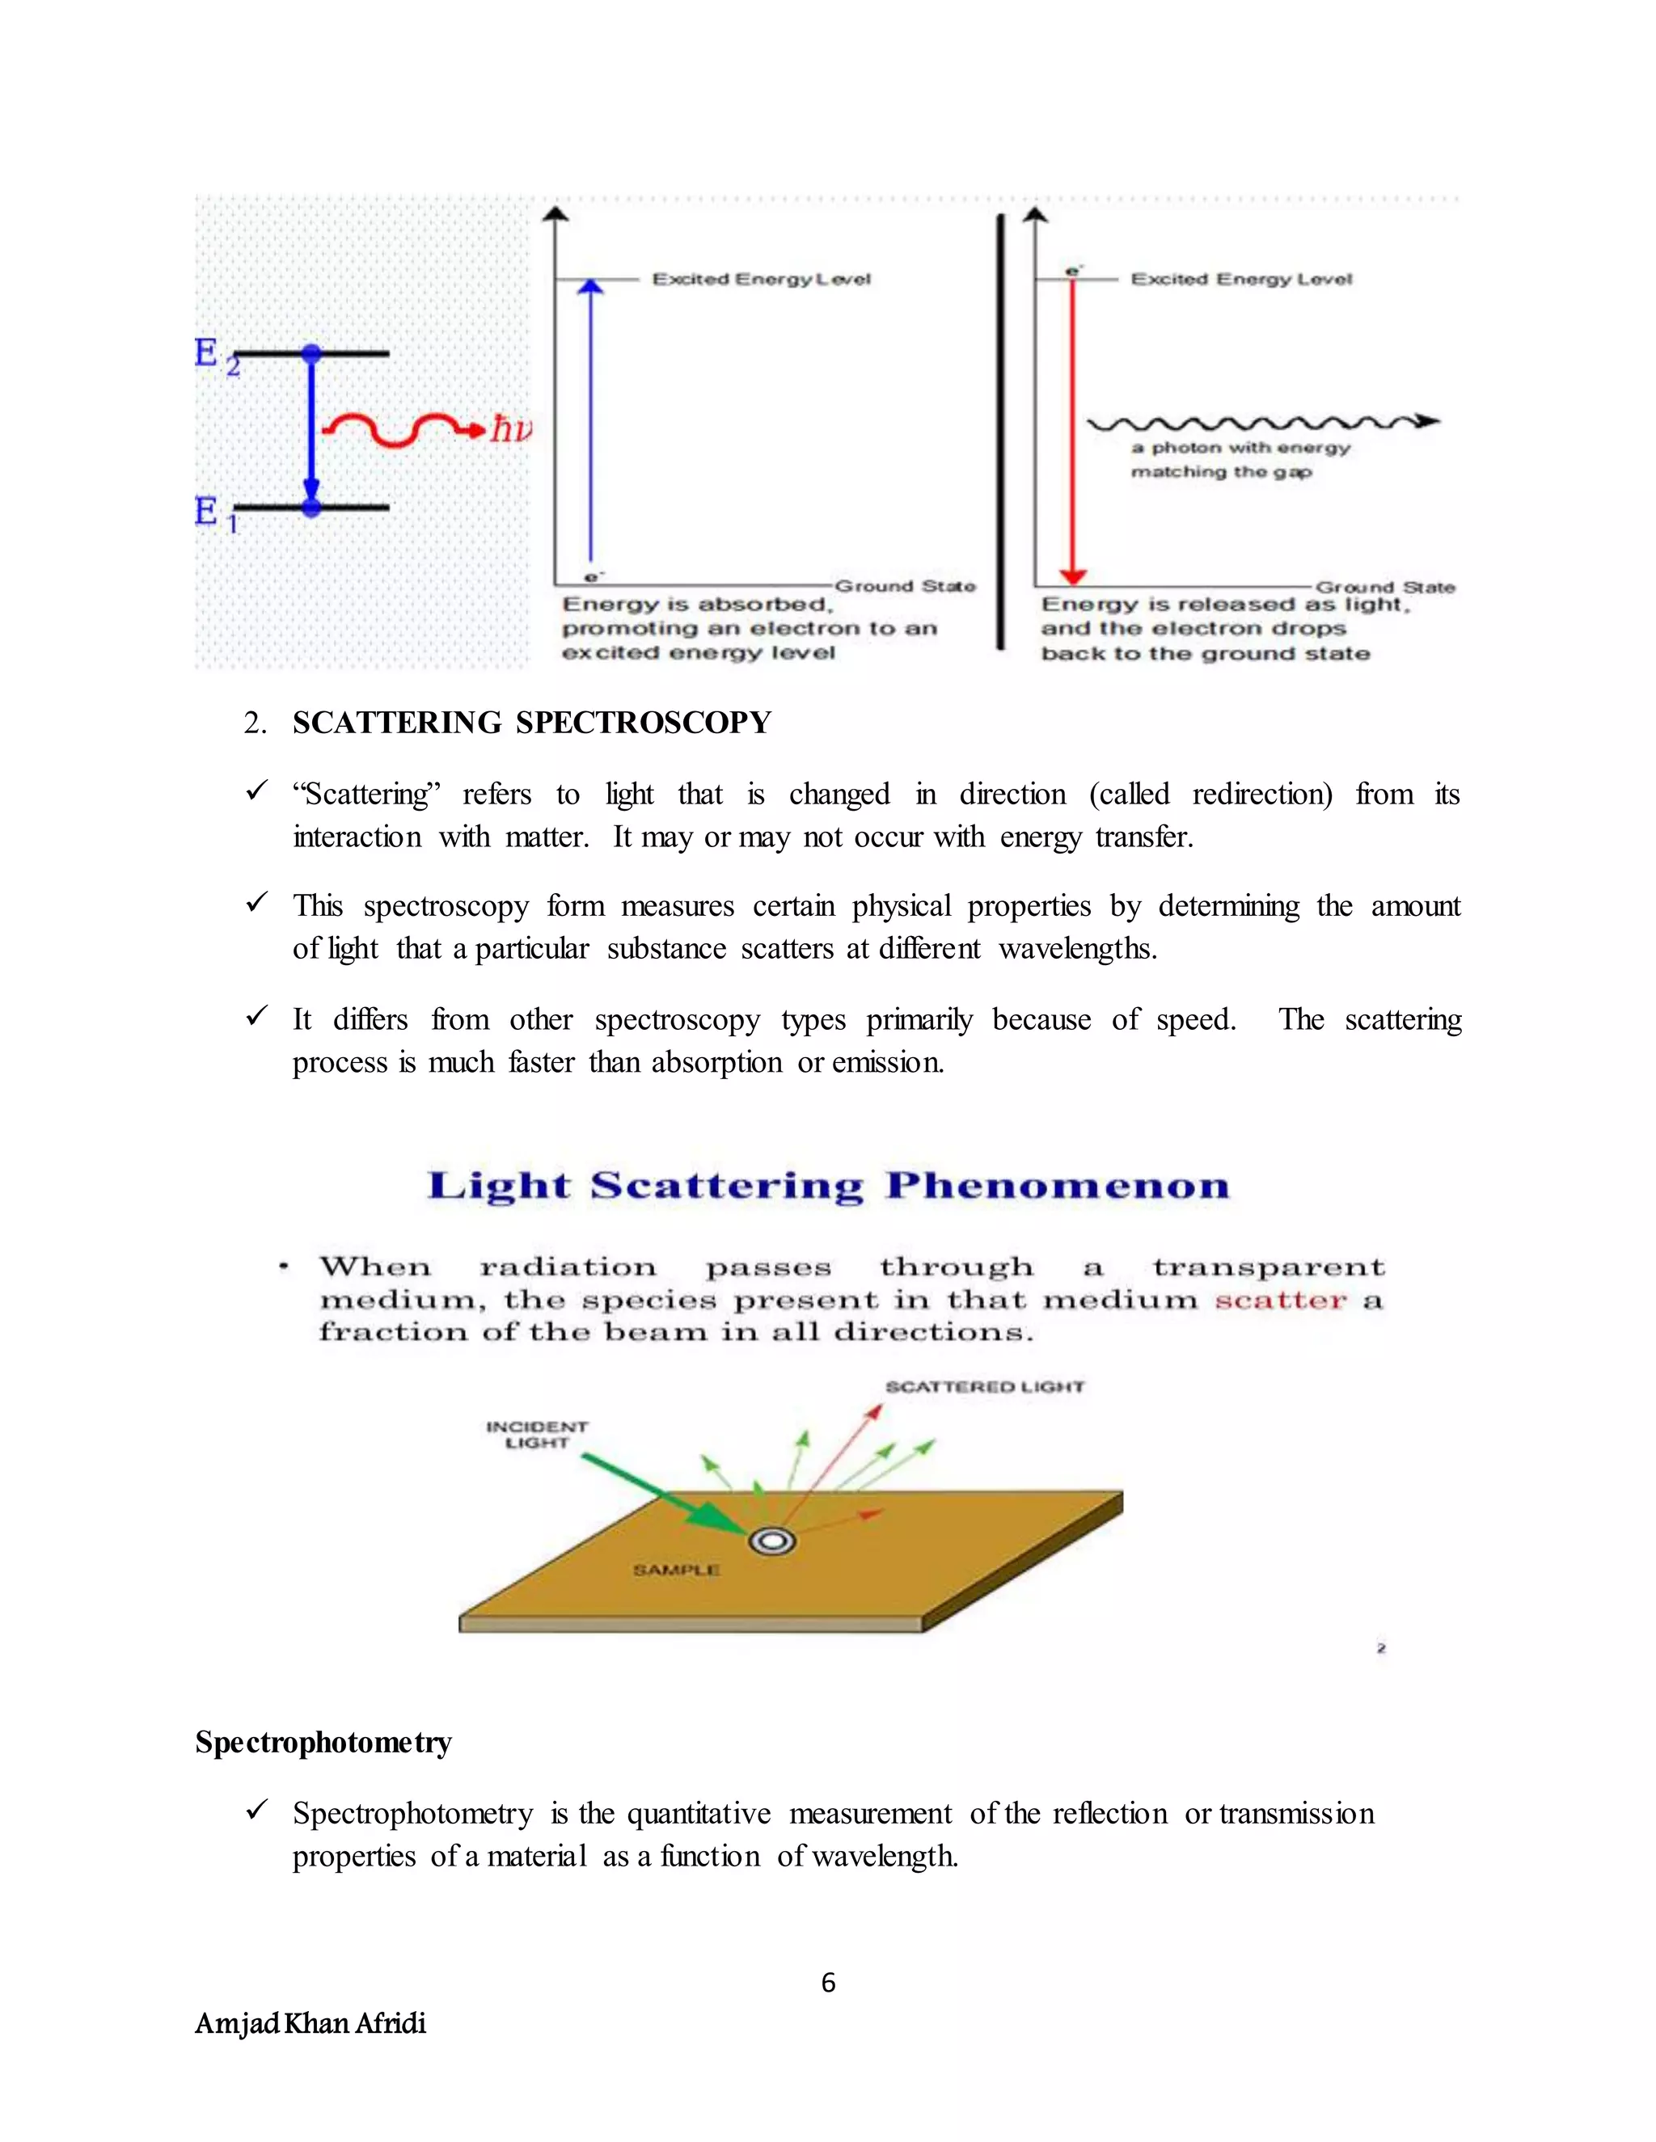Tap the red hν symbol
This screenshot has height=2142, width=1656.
(x=511, y=428)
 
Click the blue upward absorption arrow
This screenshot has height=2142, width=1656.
(x=589, y=422)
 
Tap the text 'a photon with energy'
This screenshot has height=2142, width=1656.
(x=1240, y=447)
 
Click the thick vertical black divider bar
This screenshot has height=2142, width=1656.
(x=1001, y=432)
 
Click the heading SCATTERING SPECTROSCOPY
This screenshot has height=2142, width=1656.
(x=532, y=723)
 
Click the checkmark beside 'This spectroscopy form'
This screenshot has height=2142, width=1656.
(x=257, y=902)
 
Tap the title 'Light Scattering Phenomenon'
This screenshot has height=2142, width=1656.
(x=828, y=1186)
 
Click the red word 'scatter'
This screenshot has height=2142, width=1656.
(x=1280, y=1301)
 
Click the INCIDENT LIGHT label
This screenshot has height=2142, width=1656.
(x=537, y=1434)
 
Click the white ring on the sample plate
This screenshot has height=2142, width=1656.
(x=772, y=1541)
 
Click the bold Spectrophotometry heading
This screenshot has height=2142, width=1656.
(x=323, y=1743)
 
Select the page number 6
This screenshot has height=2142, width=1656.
(x=828, y=1983)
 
